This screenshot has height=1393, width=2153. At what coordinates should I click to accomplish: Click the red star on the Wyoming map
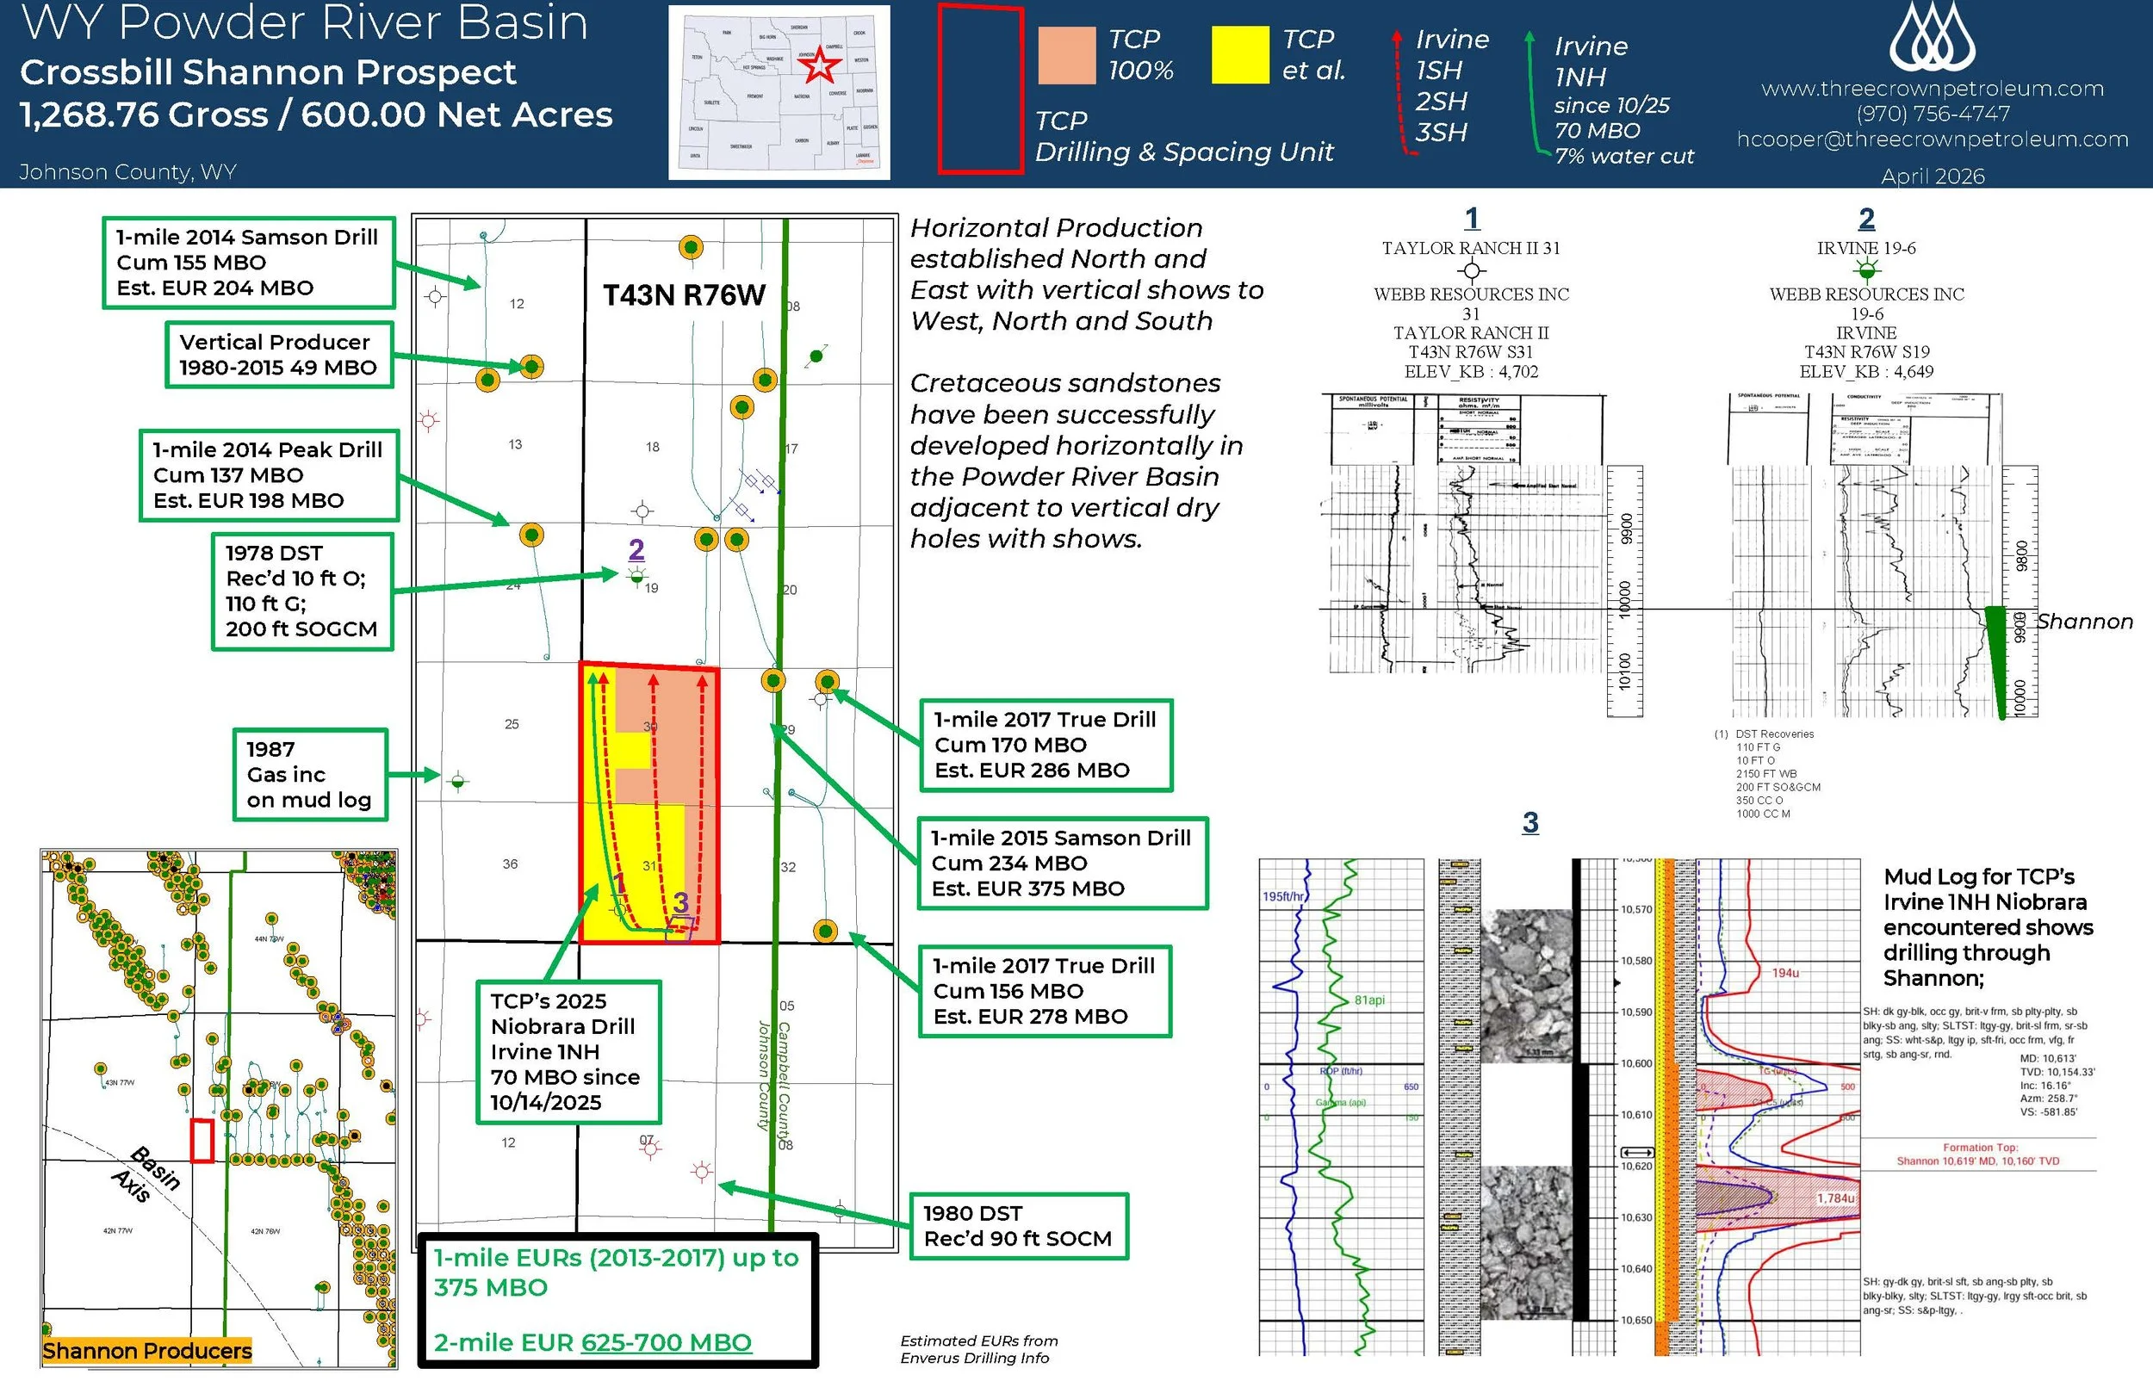820,65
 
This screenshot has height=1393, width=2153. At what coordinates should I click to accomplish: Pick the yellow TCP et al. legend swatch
1239,55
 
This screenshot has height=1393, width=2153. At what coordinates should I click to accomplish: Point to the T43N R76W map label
684,295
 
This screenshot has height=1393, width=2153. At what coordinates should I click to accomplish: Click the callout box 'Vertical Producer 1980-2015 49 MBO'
279,355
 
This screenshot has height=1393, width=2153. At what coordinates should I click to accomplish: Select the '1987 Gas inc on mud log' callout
309,774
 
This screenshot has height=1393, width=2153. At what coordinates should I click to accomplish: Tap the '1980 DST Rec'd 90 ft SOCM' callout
1018,1226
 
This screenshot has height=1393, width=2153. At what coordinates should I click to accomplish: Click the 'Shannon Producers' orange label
146,1351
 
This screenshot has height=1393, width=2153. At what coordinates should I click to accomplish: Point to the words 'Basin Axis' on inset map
145,1174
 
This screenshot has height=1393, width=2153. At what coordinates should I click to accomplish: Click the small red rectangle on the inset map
202,1140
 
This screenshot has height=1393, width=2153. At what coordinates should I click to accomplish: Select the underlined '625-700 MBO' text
666,1342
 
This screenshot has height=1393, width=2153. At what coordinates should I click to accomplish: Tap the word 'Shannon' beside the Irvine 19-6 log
2084,622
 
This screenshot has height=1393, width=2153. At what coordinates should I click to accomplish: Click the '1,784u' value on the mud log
1835,1198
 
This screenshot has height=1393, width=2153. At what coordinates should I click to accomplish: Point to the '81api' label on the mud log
1368,1000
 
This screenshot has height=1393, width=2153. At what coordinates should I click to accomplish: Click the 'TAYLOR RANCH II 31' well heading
1471,248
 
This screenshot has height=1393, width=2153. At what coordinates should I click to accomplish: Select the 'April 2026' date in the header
1933,176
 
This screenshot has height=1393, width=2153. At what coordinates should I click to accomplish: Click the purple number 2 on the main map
636,549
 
